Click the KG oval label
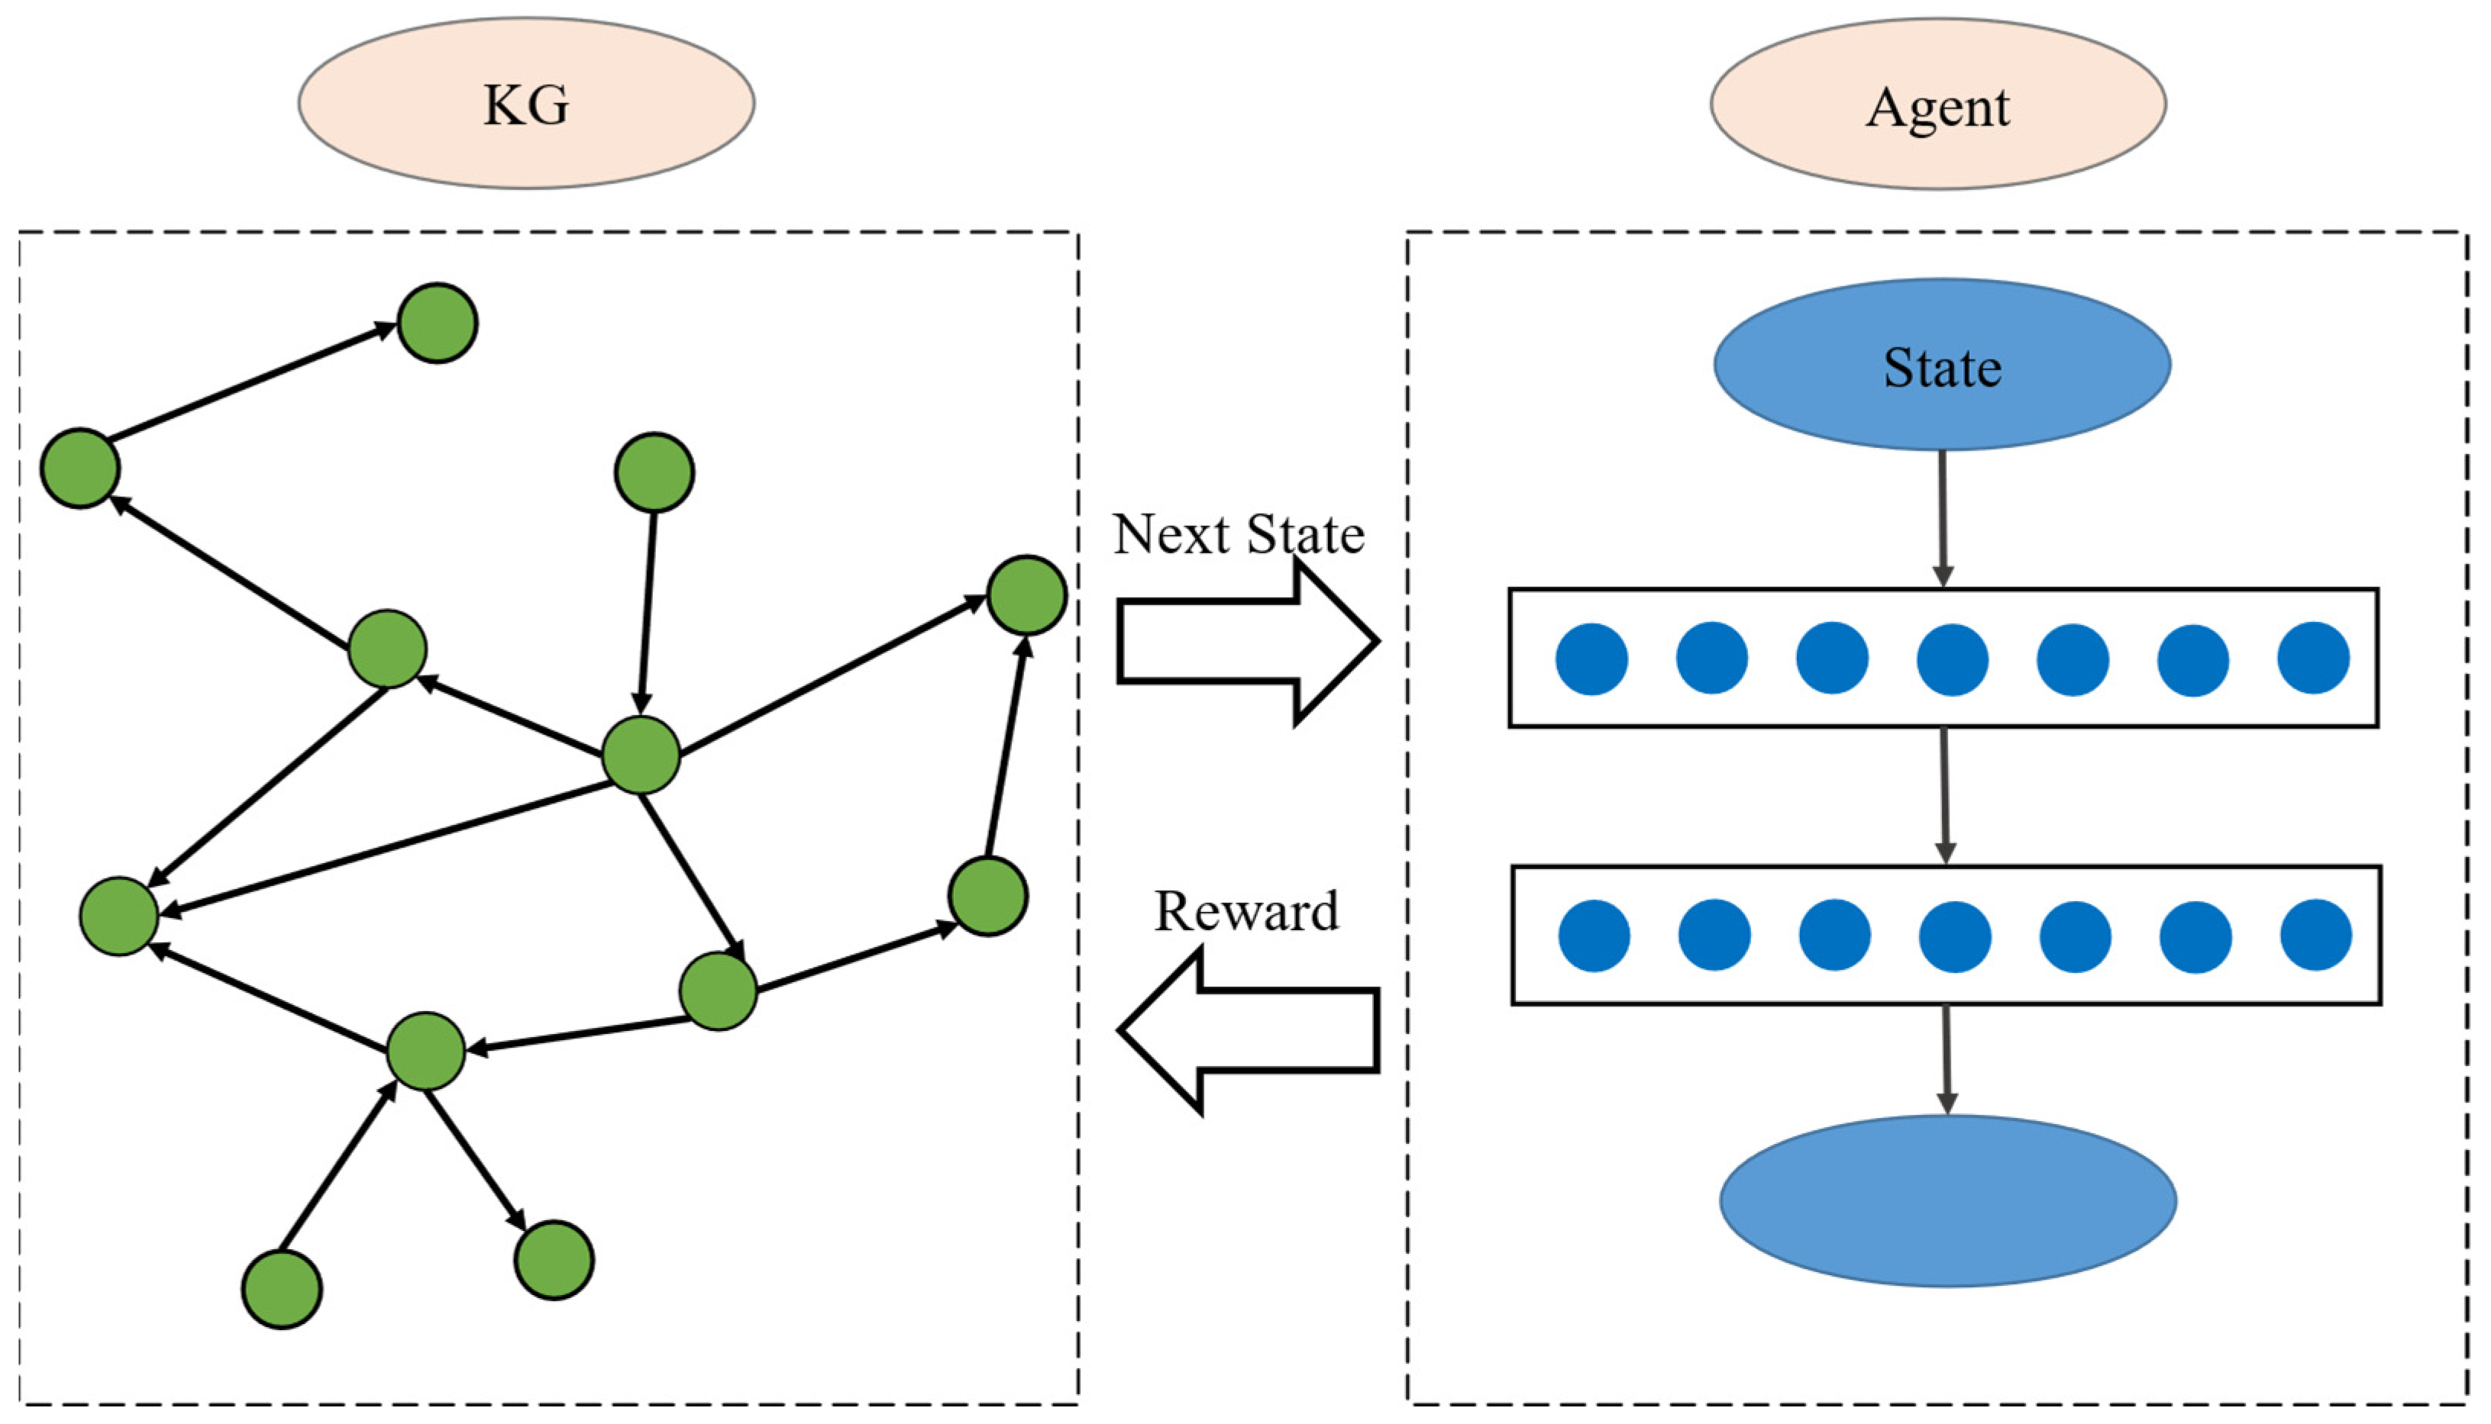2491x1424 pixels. coord(526,104)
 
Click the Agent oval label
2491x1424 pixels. coord(1937,105)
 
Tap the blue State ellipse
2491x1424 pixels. coord(1942,366)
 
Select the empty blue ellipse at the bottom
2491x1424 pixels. coord(1947,1201)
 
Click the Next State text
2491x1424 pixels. coord(1238,535)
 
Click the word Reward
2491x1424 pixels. coord(1245,911)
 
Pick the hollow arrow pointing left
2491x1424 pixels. coord(1249,1030)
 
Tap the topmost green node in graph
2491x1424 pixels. coord(438,324)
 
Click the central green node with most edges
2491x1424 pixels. coord(641,755)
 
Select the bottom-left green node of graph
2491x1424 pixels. coord(282,1289)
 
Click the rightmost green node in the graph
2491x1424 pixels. coord(1026,594)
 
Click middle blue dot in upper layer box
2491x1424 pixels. coord(1952,659)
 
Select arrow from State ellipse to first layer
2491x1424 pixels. coord(1942,518)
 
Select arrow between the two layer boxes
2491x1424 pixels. coord(1945,795)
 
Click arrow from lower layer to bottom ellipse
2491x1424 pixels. coord(1946,1059)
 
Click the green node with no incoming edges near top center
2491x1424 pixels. coord(654,472)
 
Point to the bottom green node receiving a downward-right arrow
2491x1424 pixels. coord(554,1260)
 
